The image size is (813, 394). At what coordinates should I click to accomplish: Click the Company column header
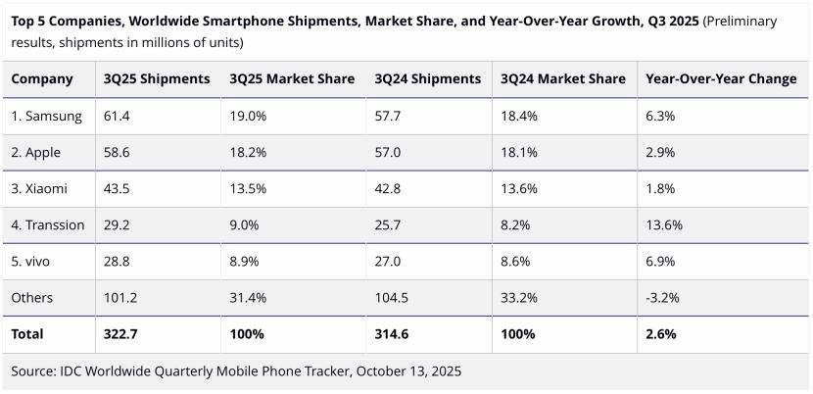(42, 79)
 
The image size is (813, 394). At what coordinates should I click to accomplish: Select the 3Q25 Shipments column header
(157, 79)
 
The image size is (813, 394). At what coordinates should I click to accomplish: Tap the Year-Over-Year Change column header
(721, 79)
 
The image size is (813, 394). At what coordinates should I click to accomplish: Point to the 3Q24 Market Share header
(562, 79)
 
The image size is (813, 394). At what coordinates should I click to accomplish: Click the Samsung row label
(46, 116)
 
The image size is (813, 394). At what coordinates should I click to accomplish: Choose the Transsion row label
(48, 224)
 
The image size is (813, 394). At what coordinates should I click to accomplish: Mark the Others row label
(32, 297)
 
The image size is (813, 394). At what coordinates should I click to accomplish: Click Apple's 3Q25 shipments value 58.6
(118, 152)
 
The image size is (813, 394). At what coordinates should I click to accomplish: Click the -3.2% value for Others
(663, 297)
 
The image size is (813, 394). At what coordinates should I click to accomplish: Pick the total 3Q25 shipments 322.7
(122, 334)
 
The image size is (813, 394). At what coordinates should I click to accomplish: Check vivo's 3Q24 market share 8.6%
(515, 261)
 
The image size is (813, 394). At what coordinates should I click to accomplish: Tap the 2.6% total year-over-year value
(661, 334)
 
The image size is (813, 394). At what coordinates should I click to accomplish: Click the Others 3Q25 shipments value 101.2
(121, 297)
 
